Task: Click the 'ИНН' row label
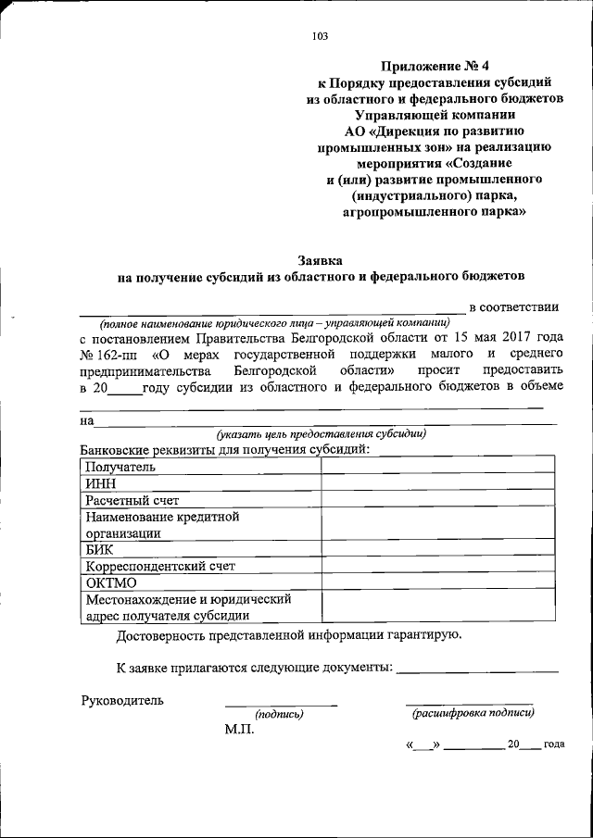point(100,483)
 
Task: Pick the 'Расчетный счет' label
point(132,500)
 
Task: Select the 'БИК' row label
point(99,549)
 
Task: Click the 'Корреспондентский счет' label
point(160,566)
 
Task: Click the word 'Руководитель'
point(122,700)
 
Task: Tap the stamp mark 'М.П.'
point(240,729)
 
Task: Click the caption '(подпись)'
point(279,714)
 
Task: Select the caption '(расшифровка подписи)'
point(473,713)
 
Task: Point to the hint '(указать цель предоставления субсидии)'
point(321,433)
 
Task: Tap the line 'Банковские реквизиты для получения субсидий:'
point(225,449)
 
